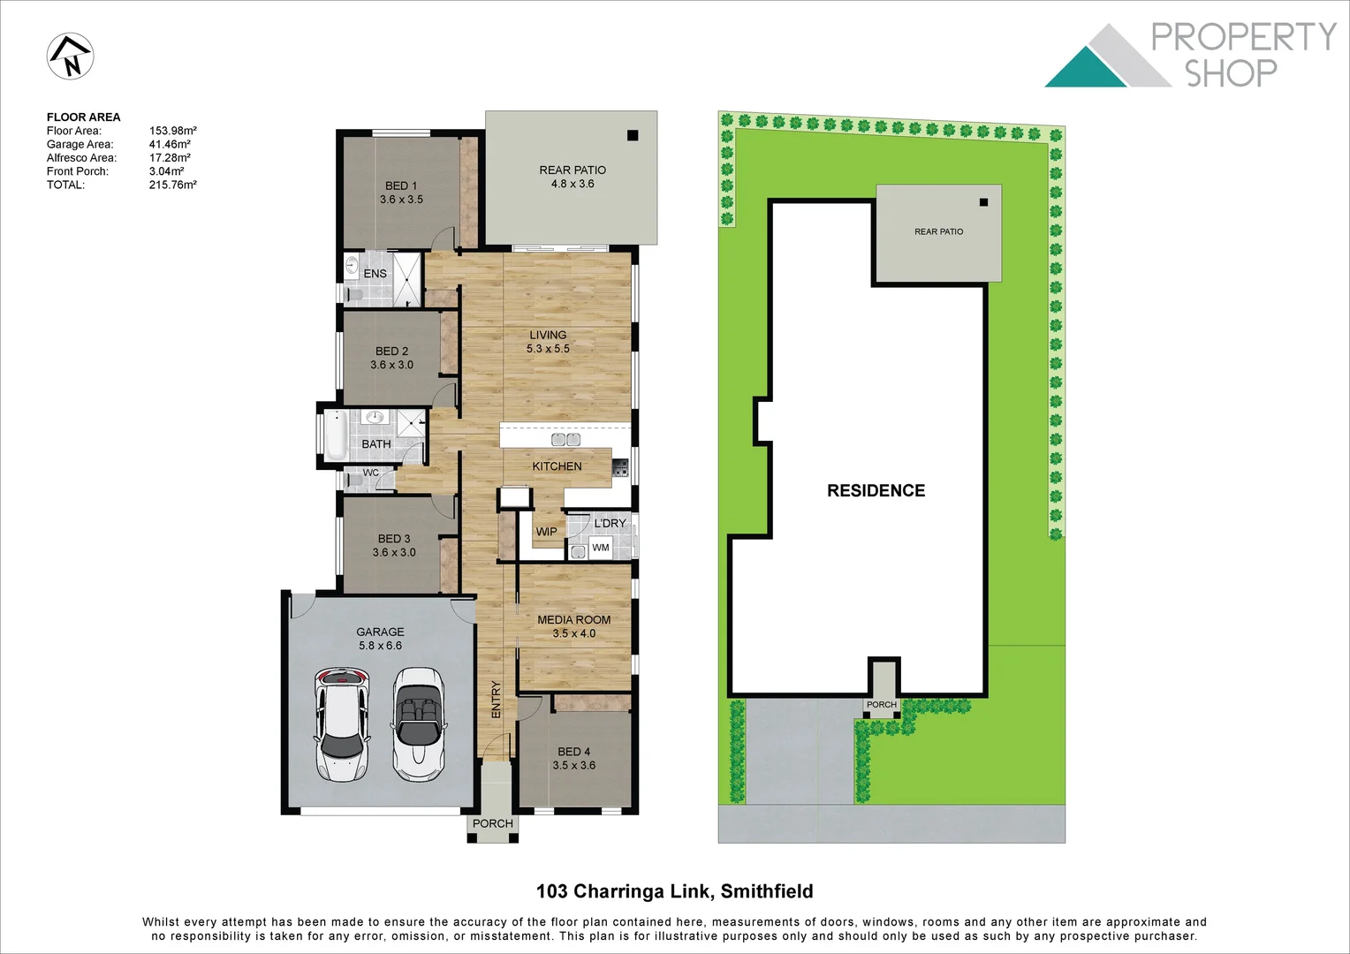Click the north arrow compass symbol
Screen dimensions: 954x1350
point(70,57)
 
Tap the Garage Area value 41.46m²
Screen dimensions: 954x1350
point(170,144)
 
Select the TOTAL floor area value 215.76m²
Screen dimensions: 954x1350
point(172,185)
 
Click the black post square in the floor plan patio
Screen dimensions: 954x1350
point(633,135)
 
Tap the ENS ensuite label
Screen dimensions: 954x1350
point(375,274)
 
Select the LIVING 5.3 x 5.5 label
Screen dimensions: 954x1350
point(548,342)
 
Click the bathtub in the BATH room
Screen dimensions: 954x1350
point(335,435)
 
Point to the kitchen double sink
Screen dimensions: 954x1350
point(565,439)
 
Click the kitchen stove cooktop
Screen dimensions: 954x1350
point(619,468)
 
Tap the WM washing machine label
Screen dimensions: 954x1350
point(601,548)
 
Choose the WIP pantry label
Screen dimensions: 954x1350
point(546,532)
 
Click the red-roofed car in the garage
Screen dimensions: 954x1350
point(341,724)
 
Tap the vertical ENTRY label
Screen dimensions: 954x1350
point(496,699)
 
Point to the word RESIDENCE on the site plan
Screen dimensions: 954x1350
point(876,490)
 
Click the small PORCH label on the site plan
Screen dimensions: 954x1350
point(881,705)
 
